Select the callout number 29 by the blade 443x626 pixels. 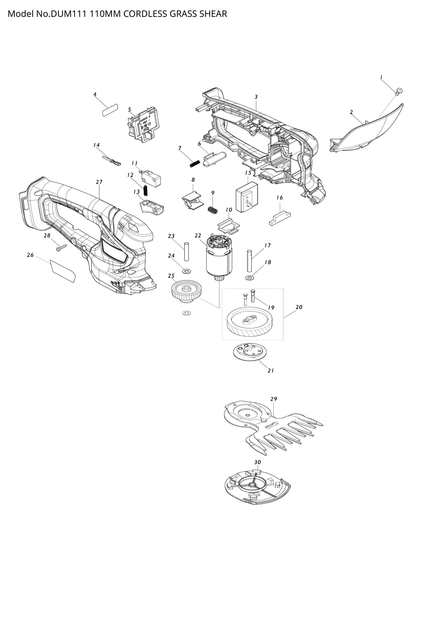coord(274,399)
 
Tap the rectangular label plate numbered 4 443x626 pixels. coord(110,110)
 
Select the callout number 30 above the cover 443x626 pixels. coord(257,462)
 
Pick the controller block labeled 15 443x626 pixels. coord(247,198)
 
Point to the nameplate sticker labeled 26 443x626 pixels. coord(63,271)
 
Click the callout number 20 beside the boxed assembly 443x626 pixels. coord(299,307)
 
